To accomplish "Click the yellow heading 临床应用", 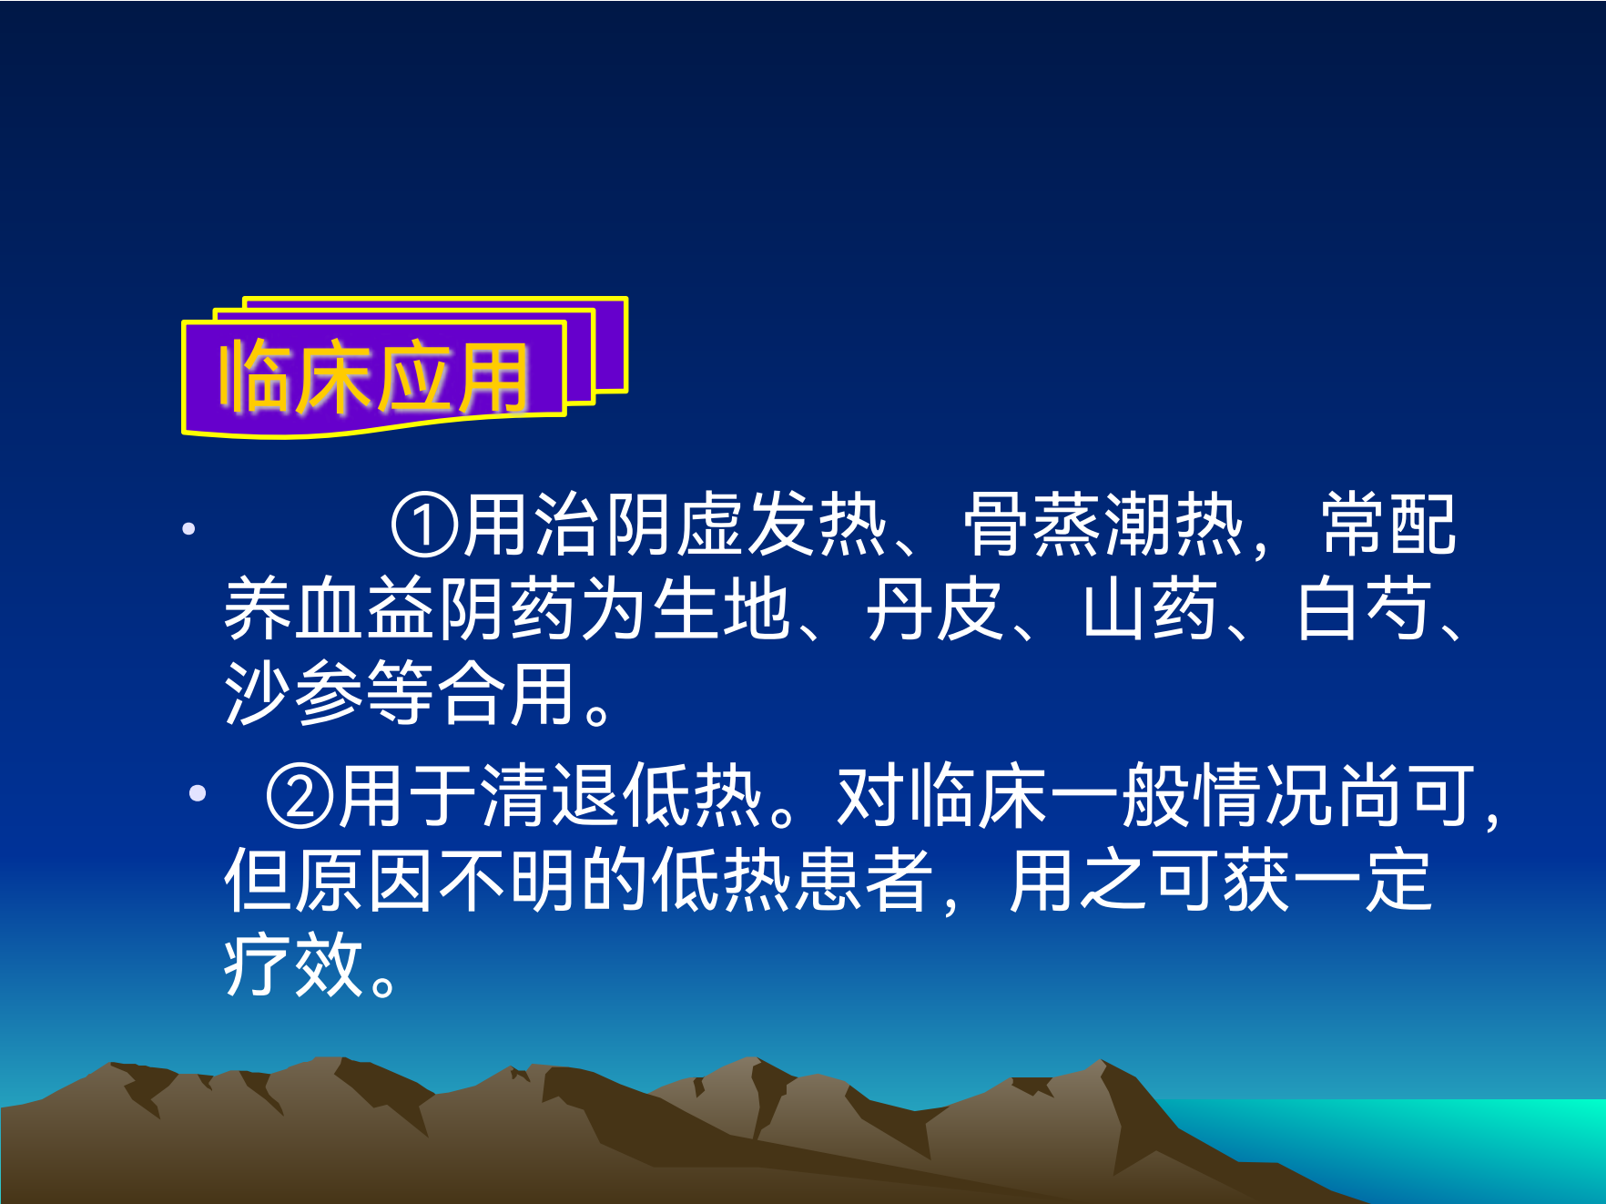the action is pos(373,377).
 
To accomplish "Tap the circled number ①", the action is pos(425,525).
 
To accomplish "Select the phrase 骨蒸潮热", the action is pos(1103,525).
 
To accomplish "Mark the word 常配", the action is pos(1389,525).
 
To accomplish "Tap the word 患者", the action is pos(864,881).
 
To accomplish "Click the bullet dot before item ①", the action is pos(188,528).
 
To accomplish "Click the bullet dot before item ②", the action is pos(198,793).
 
